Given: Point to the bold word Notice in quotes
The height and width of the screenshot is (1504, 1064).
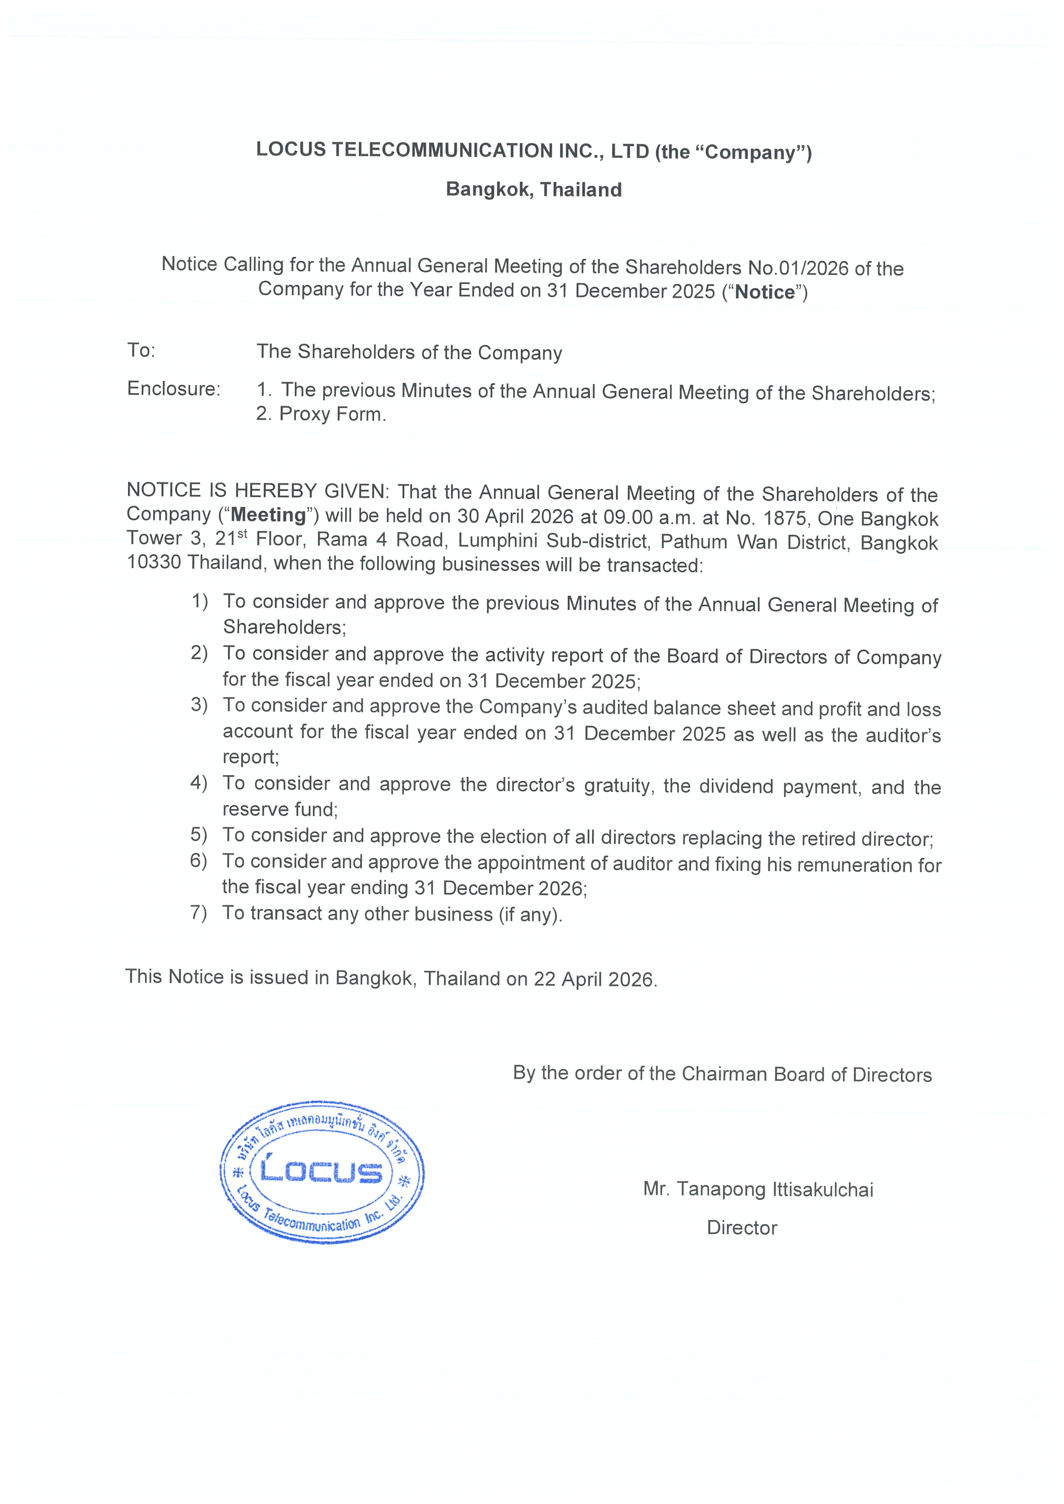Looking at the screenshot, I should (765, 292).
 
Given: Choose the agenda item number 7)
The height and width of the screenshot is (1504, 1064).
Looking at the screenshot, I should (199, 912).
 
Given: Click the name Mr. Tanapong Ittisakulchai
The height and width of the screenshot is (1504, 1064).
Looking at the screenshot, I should (758, 1189).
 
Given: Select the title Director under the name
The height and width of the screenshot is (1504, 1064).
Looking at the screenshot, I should (742, 1228).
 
